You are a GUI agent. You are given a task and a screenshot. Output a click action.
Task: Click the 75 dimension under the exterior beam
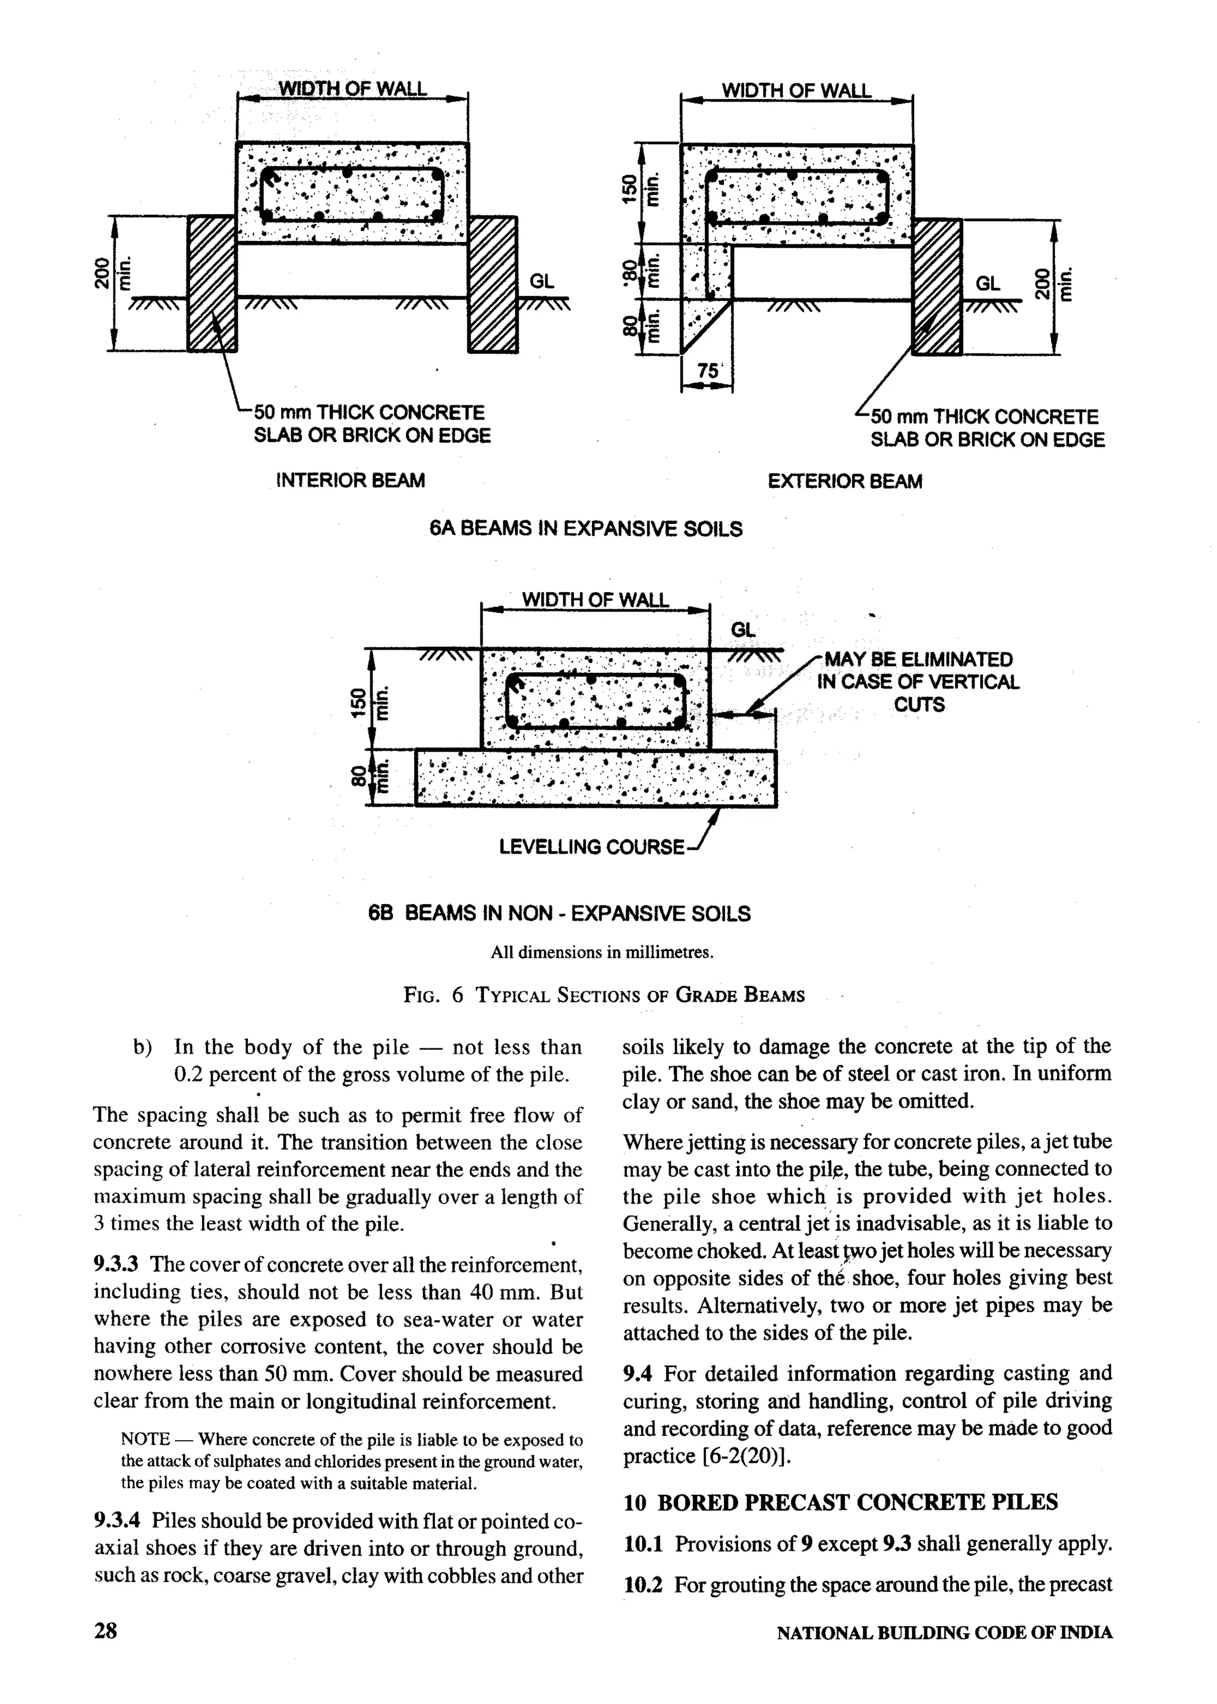pyautogui.click(x=707, y=371)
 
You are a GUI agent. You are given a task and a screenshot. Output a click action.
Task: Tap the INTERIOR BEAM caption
pyautogui.click(x=351, y=480)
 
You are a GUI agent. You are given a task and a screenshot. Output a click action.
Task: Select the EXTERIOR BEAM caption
pyautogui.click(x=844, y=481)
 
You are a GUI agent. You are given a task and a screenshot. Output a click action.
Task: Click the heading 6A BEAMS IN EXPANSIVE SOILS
pyautogui.click(x=585, y=529)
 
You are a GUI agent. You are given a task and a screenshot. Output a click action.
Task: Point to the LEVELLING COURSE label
pyautogui.click(x=591, y=848)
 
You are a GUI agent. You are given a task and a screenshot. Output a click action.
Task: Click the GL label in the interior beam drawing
pyautogui.click(x=541, y=282)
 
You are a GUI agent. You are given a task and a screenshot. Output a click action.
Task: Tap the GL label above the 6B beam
pyautogui.click(x=743, y=630)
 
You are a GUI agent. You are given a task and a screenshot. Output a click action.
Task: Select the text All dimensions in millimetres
pyautogui.click(x=602, y=952)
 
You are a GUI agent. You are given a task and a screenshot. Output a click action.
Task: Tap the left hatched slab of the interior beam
pyautogui.click(x=212, y=284)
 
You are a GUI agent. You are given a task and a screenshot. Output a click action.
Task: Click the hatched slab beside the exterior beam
pyautogui.click(x=937, y=287)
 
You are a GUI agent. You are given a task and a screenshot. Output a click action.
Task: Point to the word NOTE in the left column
pyautogui.click(x=146, y=1440)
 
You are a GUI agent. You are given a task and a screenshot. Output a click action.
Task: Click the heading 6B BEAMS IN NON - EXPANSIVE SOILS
pyautogui.click(x=559, y=914)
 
